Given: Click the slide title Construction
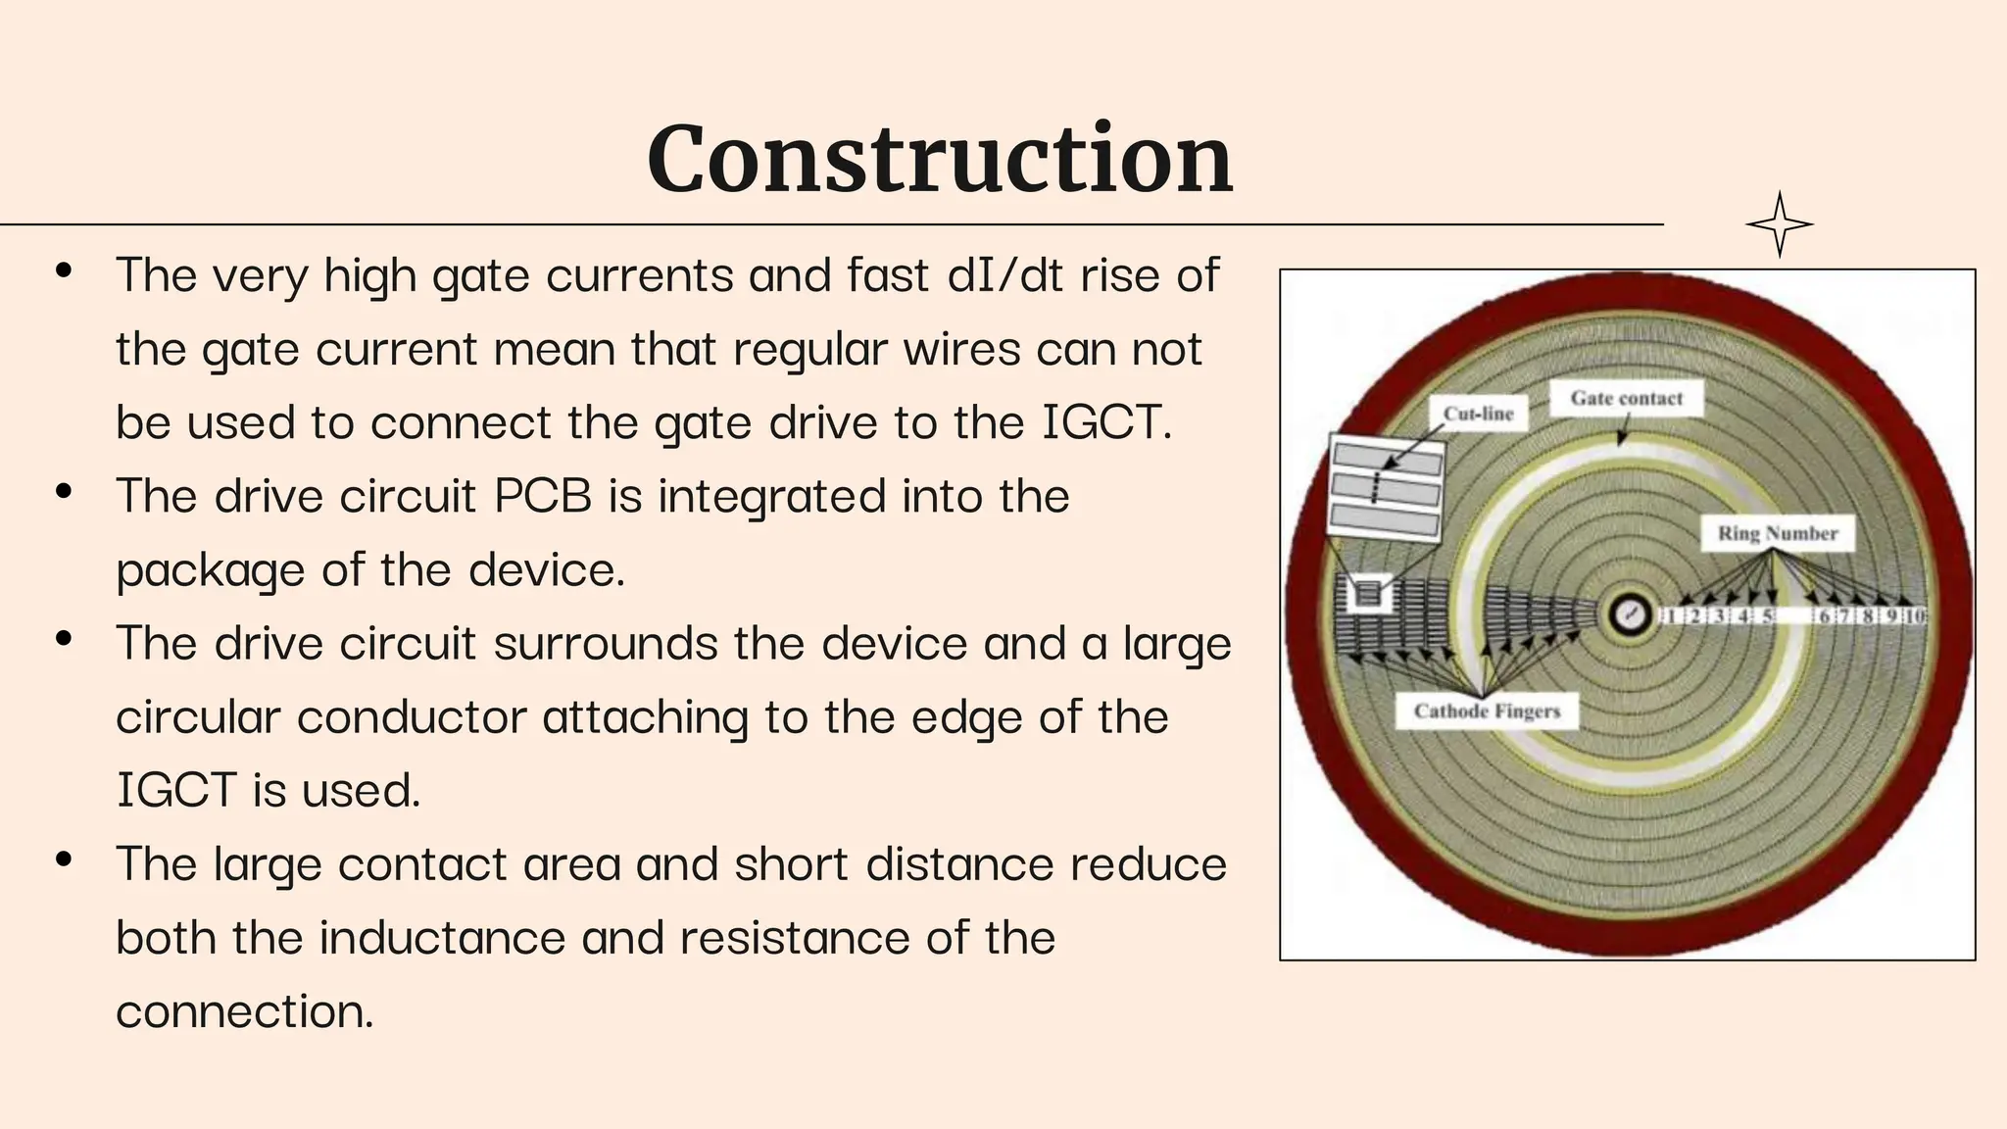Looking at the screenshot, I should pos(939,159).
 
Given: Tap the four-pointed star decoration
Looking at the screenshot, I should pos(1780,224).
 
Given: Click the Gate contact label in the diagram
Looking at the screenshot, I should pos(1626,398).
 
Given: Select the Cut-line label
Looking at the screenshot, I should pos(1478,414).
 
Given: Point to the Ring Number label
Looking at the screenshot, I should pos(1777,533).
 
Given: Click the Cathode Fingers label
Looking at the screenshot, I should pos(1487,711).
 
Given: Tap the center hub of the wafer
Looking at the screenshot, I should pos(1630,615).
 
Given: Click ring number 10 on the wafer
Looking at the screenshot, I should pos(1915,616).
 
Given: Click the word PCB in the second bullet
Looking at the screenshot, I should pos(543,496).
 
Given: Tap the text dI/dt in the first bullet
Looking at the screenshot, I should pos(1005,275).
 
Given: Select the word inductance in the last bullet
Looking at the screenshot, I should pos(442,938).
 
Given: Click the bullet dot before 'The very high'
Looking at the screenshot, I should pos(65,271).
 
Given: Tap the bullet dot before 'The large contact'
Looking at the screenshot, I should pos(65,860).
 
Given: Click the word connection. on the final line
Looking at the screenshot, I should pos(245,1011).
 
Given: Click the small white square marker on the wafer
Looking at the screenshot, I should pos(1368,593).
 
